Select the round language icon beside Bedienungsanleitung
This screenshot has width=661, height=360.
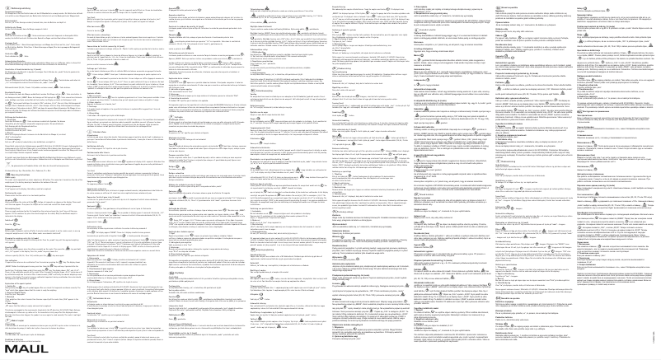click(x=7, y=8)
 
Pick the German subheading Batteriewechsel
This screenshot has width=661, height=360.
click(x=11, y=21)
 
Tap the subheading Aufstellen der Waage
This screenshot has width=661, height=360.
click(x=12, y=27)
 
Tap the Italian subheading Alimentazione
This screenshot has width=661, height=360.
click(x=92, y=135)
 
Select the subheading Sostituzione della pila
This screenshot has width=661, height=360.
click(x=95, y=146)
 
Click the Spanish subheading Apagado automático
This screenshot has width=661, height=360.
click(x=176, y=15)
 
